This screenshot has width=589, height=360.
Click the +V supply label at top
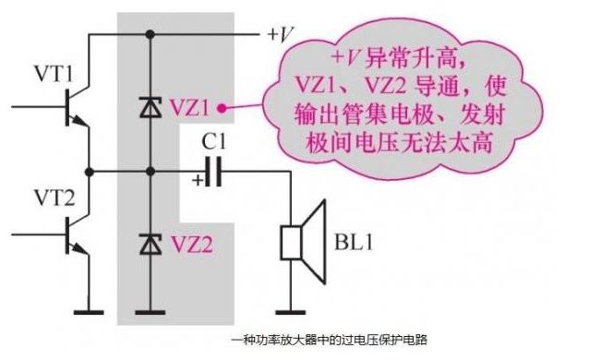[282, 34]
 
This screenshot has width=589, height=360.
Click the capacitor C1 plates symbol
[215, 173]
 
